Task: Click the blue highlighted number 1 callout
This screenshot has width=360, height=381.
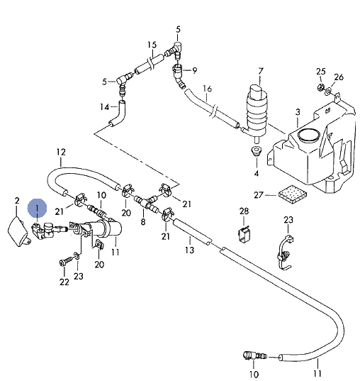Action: pyautogui.click(x=37, y=208)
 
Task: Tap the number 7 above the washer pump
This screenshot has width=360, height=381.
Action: pyautogui.click(x=260, y=72)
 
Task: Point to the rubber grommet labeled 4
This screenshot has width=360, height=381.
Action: pyautogui.click(x=256, y=150)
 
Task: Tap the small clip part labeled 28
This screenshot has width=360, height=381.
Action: pyautogui.click(x=244, y=234)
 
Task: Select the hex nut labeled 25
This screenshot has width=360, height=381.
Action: pyautogui.click(x=321, y=87)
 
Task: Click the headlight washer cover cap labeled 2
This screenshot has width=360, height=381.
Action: pyautogui.click(x=19, y=232)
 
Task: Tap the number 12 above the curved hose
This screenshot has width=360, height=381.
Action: pyautogui.click(x=61, y=152)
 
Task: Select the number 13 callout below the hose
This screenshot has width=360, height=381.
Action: pyautogui.click(x=190, y=250)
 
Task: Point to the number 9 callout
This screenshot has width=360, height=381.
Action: pyautogui.click(x=194, y=71)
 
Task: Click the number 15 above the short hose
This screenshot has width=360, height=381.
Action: pyautogui.click(x=152, y=45)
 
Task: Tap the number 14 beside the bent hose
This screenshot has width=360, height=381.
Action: pyautogui.click(x=105, y=107)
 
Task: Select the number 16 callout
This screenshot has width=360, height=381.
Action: pyautogui.click(x=208, y=89)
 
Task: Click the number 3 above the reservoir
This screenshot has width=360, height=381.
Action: pyautogui.click(x=298, y=112)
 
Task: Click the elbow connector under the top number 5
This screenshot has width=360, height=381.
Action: pyautogui.click(x=176, y=48)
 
